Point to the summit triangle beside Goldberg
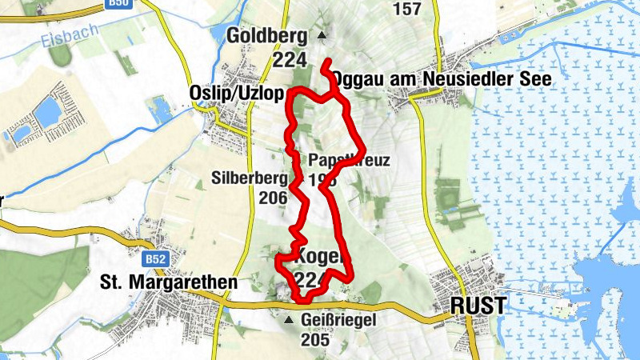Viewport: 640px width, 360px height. [x=322, y=35]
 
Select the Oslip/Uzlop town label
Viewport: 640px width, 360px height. [x=237, y=93]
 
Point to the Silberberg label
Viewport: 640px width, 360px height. [x=250, y=178]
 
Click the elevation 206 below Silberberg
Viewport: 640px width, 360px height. [x=273, y=198]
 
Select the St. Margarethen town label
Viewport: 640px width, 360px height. [x=169, y=282]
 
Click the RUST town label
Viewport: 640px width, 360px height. [x=478, y=306]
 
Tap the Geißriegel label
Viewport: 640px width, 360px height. [x=338, y=320]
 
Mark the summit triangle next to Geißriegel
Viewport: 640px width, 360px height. [x=290, y=320]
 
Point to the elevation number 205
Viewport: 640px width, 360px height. [x=315, y=339]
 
